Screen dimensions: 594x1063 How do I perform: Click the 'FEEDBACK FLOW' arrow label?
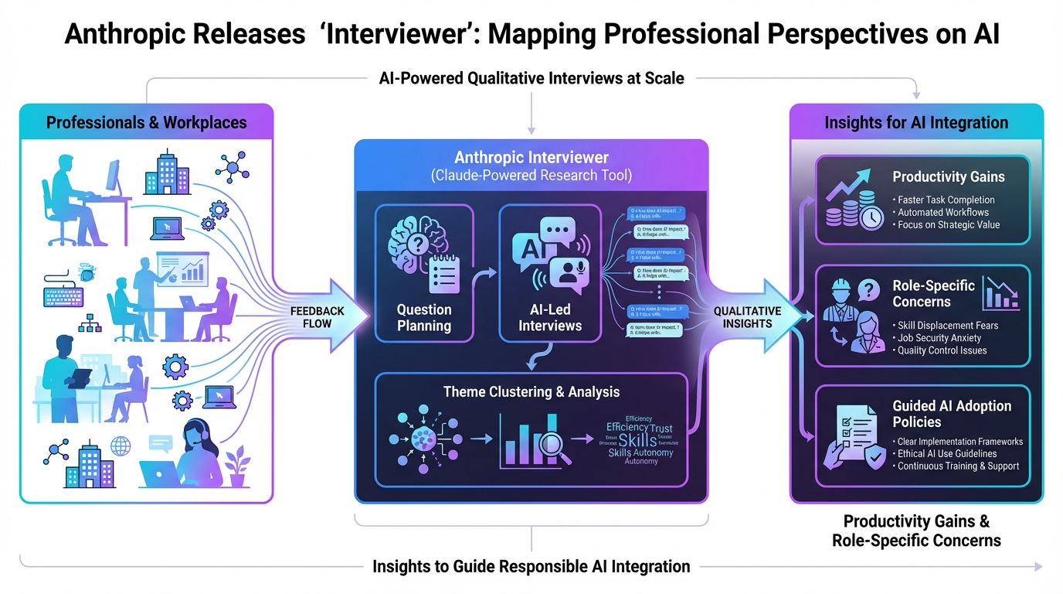[x=318, y=317]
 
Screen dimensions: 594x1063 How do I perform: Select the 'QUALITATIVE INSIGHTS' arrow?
[x=747, y=317]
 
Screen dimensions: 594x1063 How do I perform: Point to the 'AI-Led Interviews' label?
[x=550, y=317]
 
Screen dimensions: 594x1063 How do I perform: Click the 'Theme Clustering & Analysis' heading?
[x=531, y=391]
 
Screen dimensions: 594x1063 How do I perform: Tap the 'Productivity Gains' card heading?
[x=949, y=176]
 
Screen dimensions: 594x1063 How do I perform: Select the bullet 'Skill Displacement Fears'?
[x=947, y=326]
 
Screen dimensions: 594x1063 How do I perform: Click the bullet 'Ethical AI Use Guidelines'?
[x=947, y=454]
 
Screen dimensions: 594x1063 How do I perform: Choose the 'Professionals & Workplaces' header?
[x=147, y=122]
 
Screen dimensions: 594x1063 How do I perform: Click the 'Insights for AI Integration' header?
[x=916, y=122]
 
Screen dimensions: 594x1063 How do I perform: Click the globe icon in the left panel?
[x=121, y=446]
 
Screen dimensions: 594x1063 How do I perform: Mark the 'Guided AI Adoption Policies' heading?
[x=952, y=414]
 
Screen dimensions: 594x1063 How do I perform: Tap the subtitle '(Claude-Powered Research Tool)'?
[x=531, y=176]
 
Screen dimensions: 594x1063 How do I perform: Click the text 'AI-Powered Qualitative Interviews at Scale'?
[x=531, y=77]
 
